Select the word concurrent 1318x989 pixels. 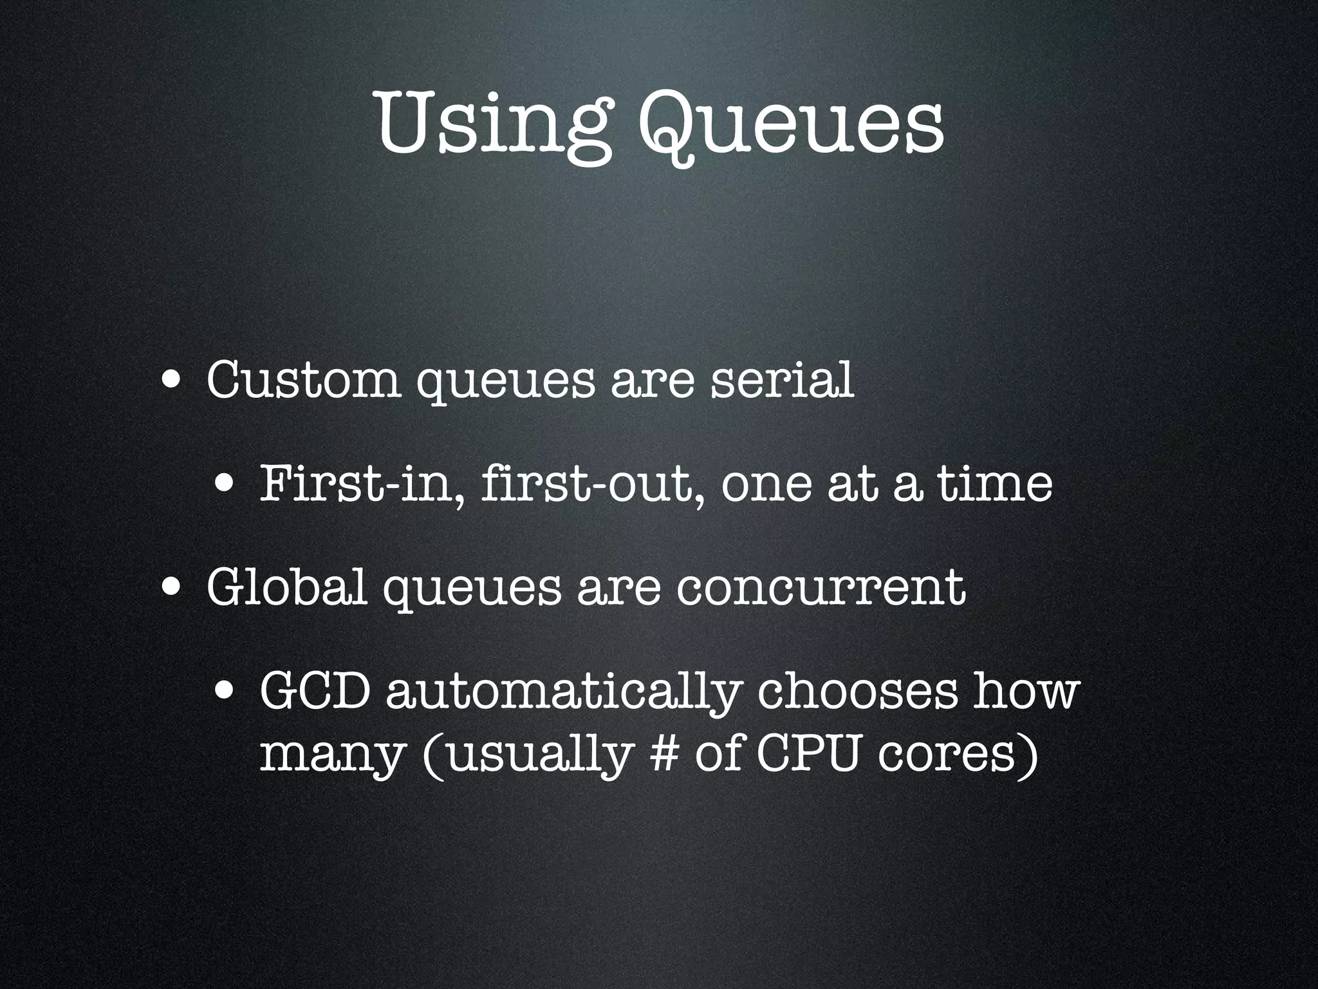[x=821, y=587]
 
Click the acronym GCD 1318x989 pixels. [x=315, y=692]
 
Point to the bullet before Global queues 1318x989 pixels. [x=171, y=587]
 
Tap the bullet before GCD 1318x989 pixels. [x=225, y=691]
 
